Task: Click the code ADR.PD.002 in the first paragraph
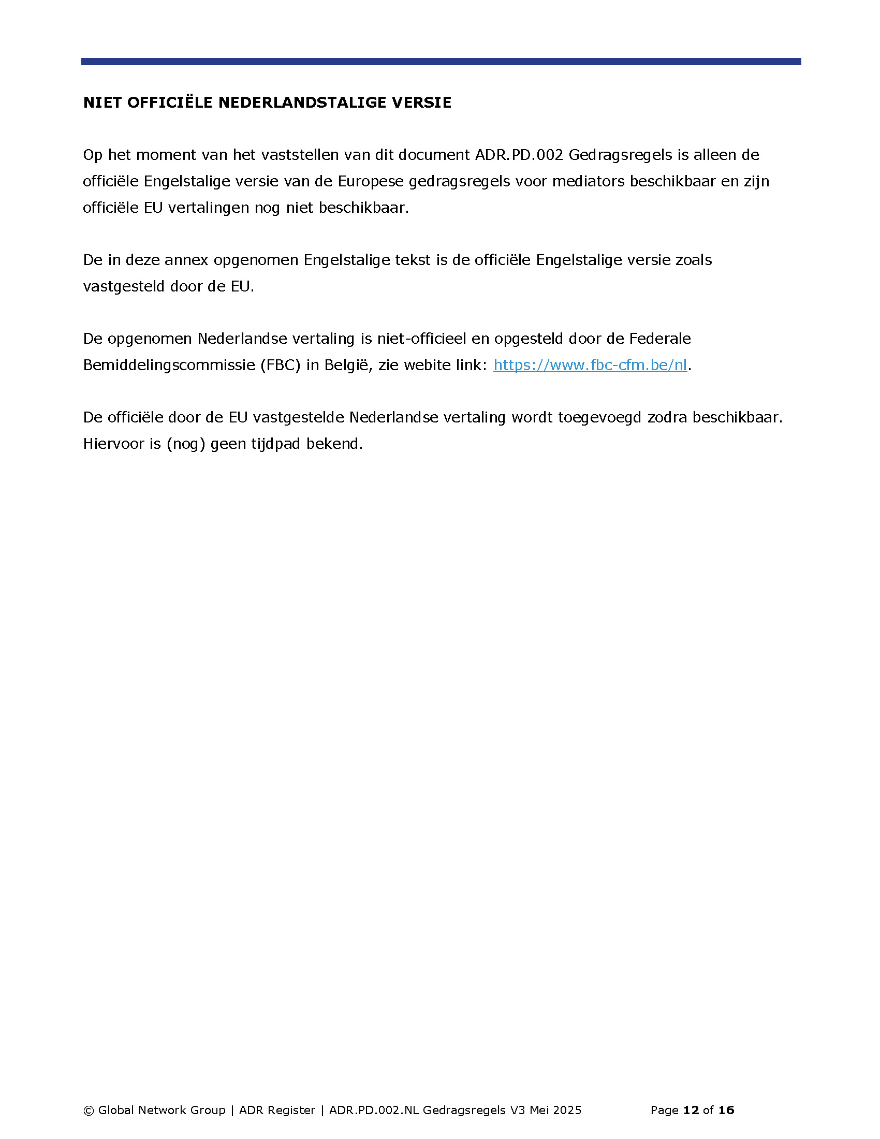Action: tap(519, 155)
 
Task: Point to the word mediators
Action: tap(589, 181)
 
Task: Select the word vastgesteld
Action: tap(124, 286)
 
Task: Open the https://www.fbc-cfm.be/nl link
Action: tap(590, 365)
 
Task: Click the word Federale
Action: tap(660, 339)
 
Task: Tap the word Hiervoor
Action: tap(114, 444)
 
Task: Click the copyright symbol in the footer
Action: tap(89, 1111)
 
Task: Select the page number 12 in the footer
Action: tap(691, 1111)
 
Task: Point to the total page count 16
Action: tap(726, 1111)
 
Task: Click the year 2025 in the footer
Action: tap(567, 1111)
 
